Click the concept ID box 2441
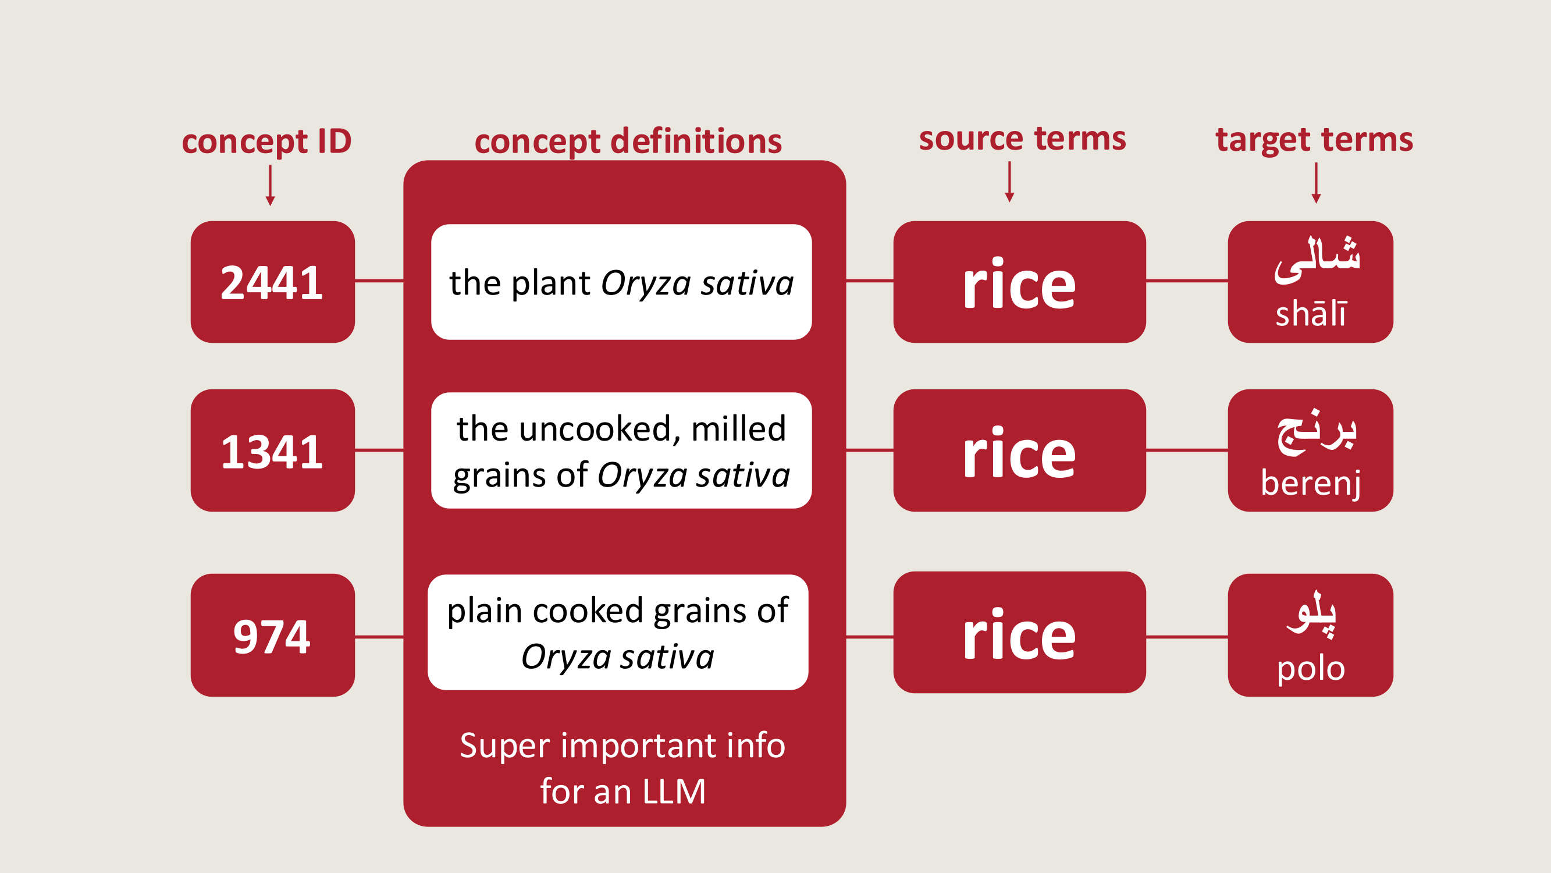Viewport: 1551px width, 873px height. (272, 282)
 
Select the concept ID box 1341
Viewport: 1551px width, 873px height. (272, 450)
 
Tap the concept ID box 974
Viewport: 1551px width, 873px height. (272, 636)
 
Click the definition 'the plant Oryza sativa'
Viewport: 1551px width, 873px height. (621, 282)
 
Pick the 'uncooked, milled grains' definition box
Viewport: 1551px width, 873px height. (621, 450)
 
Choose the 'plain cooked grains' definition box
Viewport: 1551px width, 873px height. (618, 633)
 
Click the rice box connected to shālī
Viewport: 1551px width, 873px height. (1019, 282)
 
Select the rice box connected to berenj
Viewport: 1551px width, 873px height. (1019, 450)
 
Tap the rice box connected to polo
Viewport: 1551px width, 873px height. (1019, 633)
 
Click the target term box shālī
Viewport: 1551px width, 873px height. (1310, 282)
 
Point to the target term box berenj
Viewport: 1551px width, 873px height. (1310, 450)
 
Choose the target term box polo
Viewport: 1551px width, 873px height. (1310, 636)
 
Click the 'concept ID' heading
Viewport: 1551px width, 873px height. (266, 141)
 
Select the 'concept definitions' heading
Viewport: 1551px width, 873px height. (628, 141)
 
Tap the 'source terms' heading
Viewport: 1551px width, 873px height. (1022, 139)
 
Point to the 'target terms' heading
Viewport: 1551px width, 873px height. (1314, 140)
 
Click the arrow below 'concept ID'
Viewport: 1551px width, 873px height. (271, 185)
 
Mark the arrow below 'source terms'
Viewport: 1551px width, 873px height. (1010, 182)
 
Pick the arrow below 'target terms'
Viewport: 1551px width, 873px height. (1316, 183)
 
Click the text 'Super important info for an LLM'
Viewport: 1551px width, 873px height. (622, 768)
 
